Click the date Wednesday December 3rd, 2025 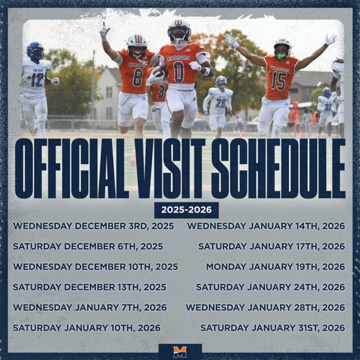tap(93, 226)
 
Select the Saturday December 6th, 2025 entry tap(88, 246)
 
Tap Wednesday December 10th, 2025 tap(96, 267)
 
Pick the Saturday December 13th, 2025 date tap(89, 287)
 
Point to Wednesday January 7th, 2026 tap(90, 307)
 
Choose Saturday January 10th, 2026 tap(87, 327)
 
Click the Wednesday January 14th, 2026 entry tap(266, 226)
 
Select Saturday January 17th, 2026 tap(272, 246)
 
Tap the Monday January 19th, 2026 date tap(276, 267)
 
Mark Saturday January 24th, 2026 tap(271, 287)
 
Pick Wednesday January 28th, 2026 tap(265, 307)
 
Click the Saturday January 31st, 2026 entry tap(273, 327)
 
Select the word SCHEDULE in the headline tap(282, 168)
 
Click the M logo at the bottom tap(180, 352)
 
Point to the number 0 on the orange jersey tap(179, 72)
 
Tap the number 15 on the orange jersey tap(279, 80)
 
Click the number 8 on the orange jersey tap(137, 77)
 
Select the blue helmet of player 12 tap(35, 51)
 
